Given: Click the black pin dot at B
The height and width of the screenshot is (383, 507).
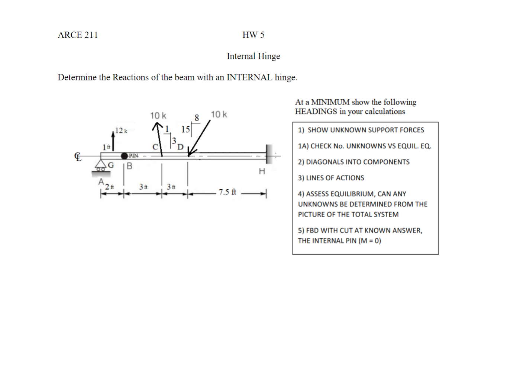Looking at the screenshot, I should [125, 155].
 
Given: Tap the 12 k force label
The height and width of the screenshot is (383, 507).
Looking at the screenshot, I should [121, 131].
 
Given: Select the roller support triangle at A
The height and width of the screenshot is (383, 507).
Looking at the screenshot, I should [100, 164].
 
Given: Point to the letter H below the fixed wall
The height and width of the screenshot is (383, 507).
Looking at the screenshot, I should [262, 171].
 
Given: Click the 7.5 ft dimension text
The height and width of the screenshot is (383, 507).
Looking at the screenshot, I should [227, 192].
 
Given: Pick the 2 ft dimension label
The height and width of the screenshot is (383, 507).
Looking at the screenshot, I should [109, 187].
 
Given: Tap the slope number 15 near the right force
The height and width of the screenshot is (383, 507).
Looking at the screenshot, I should [185, 129].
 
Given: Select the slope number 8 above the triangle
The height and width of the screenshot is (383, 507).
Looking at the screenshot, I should [197, 118].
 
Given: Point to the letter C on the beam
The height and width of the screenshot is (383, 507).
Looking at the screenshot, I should [155, 147].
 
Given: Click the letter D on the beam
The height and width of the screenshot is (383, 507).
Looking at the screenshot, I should [180, 147].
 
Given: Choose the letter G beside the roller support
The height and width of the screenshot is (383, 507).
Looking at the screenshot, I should [111, 165].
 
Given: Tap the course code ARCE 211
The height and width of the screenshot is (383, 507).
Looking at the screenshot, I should [78, 35].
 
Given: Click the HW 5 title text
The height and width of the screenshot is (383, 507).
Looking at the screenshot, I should [253, 35].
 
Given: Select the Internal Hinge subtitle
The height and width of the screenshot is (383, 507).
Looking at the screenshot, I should [253, 56].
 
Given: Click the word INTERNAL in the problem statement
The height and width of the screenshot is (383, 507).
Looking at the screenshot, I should [249, 77].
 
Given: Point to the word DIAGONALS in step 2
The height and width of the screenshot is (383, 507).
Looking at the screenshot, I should [323, 162].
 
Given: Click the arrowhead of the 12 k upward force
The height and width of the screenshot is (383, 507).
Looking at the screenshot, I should [113, 132].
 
